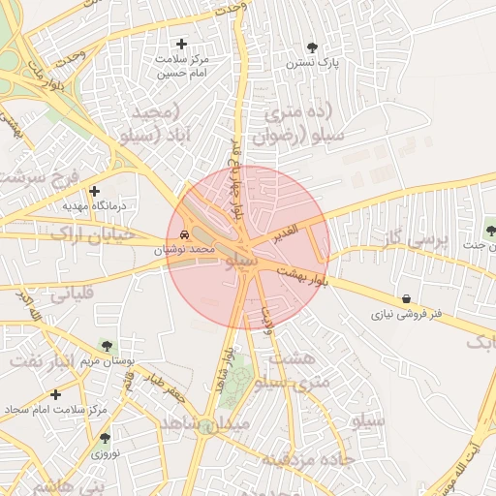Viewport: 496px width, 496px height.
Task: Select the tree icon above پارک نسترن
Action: pyautogui.click(x=311, y=46)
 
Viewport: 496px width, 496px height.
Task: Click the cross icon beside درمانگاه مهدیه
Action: pyautogui.click(x=94, y=191)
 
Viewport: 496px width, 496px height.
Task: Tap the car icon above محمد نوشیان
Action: pyautogui.click(x=185, y=234)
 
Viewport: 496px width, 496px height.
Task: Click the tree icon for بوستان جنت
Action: pyautogui.click(x=491, y=232)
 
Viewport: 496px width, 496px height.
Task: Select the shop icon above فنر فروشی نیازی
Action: pyautogui.click(x=405, y=298)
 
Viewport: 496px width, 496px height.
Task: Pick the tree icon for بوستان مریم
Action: pyautogui.click(x=107, y=345)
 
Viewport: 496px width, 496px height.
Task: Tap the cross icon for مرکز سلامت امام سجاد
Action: pyautogui.click(x=55, y=394)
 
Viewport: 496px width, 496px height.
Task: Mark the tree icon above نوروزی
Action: pyautogui.click(x=105, y=438)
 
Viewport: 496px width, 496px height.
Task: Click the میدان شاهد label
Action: pyautogui.click(x=205, y=423)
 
